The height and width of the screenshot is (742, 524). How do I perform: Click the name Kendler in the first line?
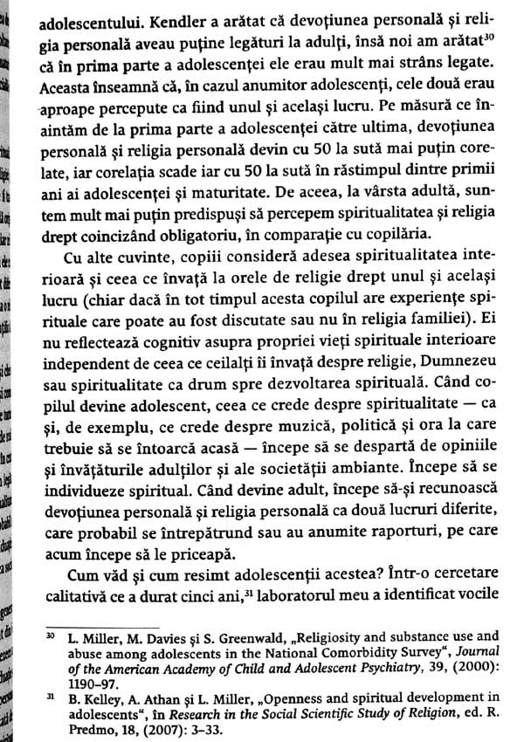point(154,16)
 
